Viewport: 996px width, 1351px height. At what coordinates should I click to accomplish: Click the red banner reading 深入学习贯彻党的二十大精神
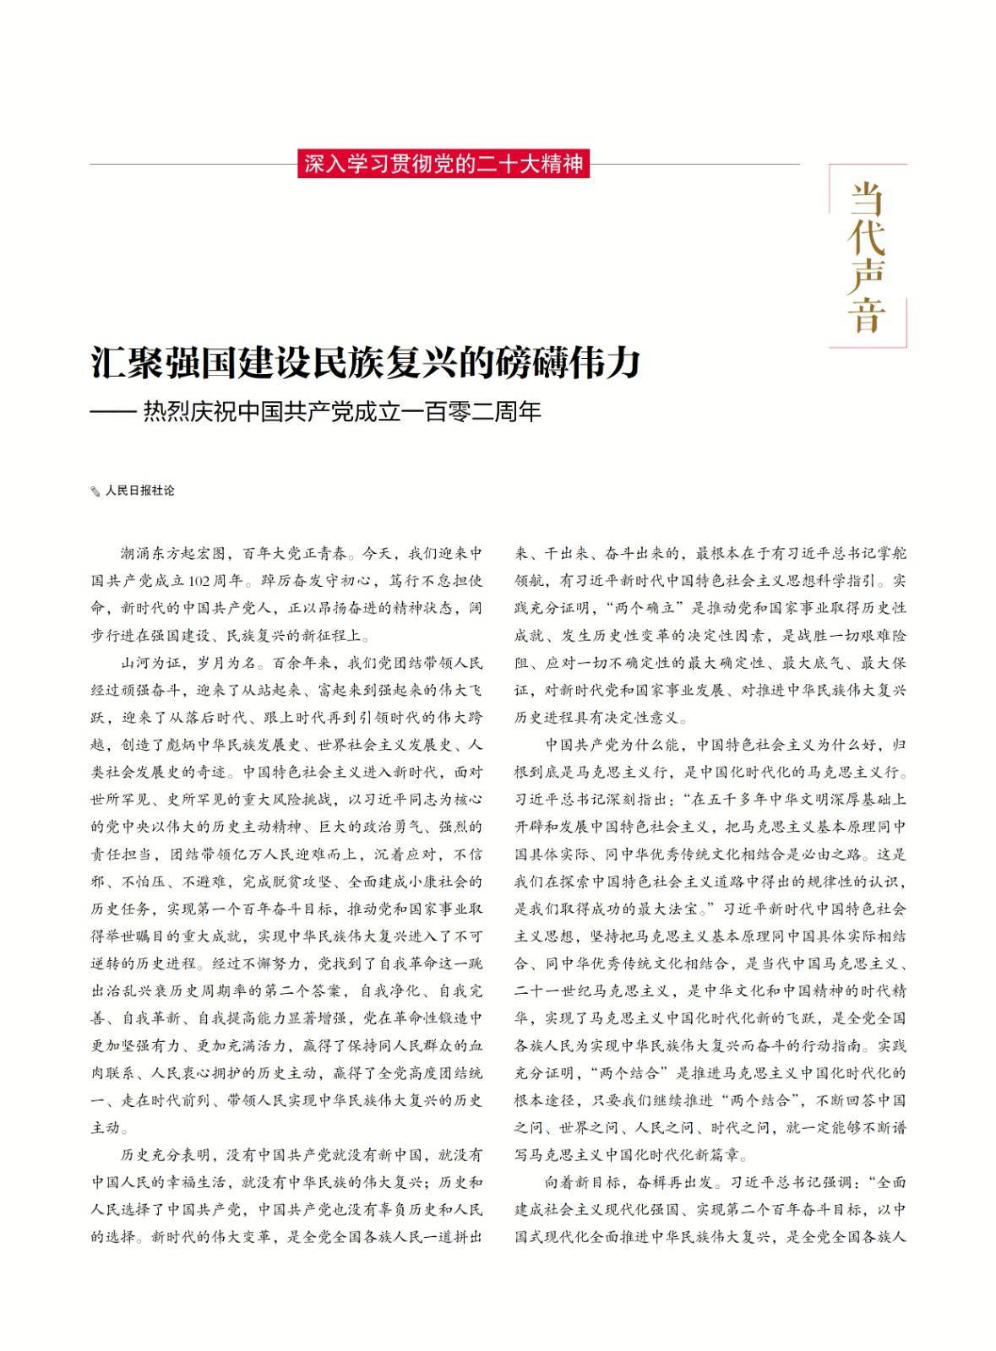click(x=444, y=163)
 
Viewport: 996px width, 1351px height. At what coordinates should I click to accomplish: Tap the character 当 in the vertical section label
click(x=867, y=199)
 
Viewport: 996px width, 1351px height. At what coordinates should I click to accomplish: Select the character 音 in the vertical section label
click(x=867, y=315)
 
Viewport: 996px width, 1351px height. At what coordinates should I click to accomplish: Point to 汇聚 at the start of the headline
click(x=117, y=362)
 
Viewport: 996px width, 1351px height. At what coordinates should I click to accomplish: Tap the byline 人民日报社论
click(x=139, y=491)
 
